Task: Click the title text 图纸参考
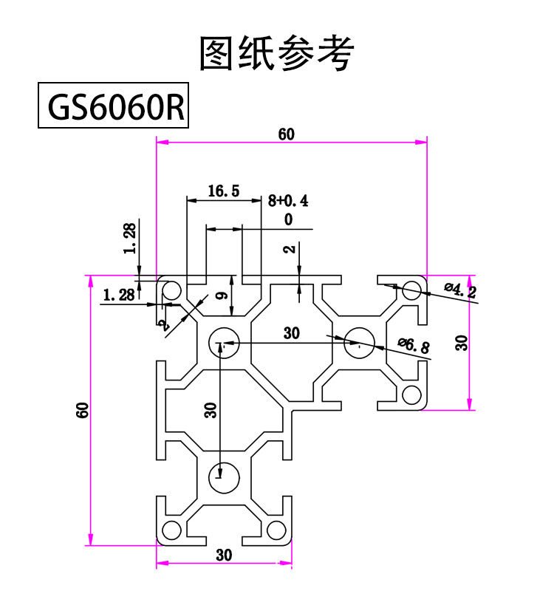[277, 52]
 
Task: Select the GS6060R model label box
[114, 107]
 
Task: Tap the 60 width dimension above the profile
[287, 134]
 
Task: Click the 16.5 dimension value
[222, 191]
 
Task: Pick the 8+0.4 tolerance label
[288, 199]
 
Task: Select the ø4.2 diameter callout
[459, 290]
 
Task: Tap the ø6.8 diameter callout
[414, 344]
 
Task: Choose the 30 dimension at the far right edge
[462, 343]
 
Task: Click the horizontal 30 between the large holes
[292, 333]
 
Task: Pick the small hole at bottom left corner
[172, 530]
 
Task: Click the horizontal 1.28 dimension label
[119, 295]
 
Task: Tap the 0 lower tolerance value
[287, 219]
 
